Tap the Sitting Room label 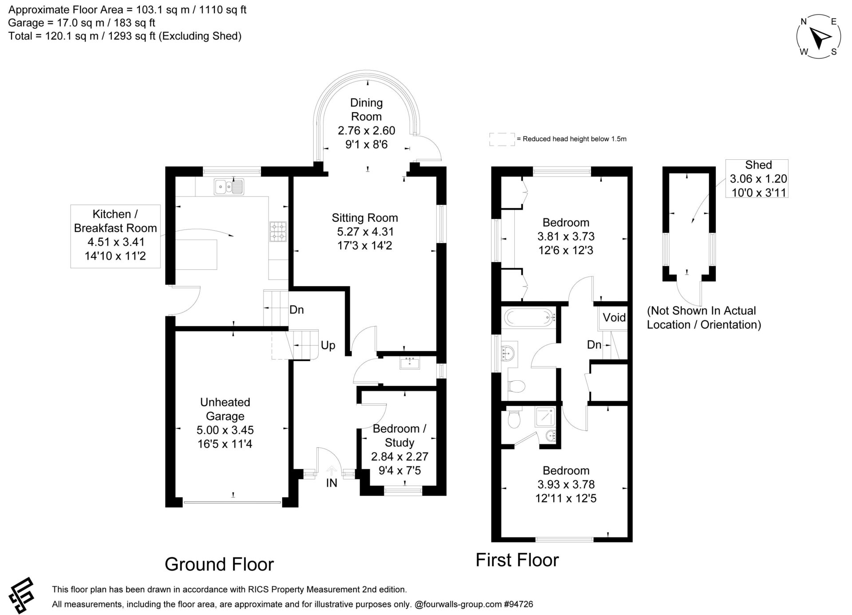[x=365, y=218]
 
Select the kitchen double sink [x=229, y=187]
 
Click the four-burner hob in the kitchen [x=278, y=232]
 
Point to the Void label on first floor [x=614, y=317]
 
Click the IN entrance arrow [x=331, y=471]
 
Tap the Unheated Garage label [x=225, y=409]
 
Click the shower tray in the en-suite [x=545, y=417]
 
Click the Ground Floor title [x=219, y=564]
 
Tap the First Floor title [x=517, y=560]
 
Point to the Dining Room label [x=366, y=110]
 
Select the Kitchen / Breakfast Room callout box [x=115, y=236]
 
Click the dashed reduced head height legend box [x=502, y=139]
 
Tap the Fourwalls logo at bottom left [x=21, y=595]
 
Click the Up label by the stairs [x=328, y=345]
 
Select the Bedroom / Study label [x=399, y=436]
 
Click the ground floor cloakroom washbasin [x=410, y=363]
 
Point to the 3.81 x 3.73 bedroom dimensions [x=566, y=237]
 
